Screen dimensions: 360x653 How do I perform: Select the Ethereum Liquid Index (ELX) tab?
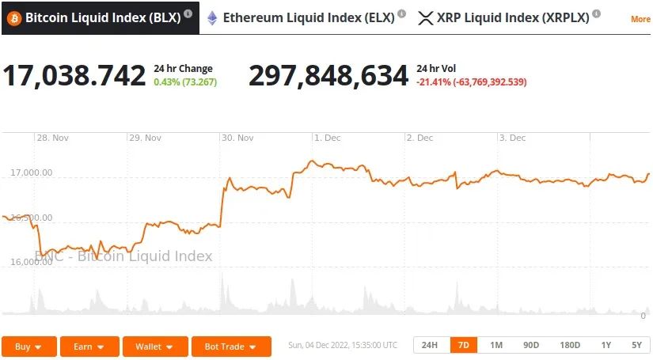[x=308, y=17]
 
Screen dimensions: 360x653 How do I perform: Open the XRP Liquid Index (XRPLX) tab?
[x=512, y=17]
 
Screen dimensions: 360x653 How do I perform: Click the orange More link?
[x=640, y=19]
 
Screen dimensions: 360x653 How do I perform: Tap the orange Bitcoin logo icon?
[x=14, y=17]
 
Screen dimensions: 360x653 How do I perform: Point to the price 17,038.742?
[x=74, y=76]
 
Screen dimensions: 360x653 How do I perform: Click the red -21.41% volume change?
[x=472, y=81]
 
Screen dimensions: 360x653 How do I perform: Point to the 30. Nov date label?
[x=238, y=138]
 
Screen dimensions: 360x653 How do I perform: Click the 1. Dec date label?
[x=328, y=138]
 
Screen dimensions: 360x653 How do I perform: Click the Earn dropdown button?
[x=89, y=347]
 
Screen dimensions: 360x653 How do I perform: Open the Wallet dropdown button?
[x=154, y=347]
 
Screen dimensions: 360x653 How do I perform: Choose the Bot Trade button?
[x=230, y=347]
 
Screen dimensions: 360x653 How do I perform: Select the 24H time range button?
[x=430, y=345]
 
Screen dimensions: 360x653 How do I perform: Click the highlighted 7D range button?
[x=464, y=345]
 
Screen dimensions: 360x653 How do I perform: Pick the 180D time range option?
[x=570, y=345]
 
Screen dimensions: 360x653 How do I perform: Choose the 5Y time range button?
[x=636, y=345]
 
